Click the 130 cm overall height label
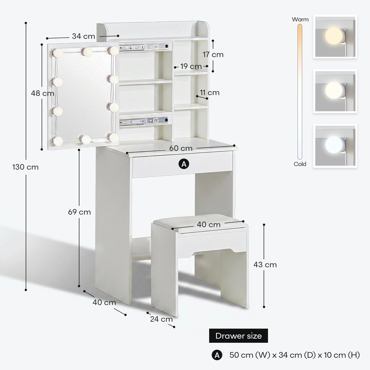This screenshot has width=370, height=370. (x=25, y=167)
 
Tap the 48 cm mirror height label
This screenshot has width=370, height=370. (x=42, y=93)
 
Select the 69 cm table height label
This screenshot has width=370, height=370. (x=79, y=212)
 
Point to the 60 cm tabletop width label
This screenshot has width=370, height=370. (x=181, y=148)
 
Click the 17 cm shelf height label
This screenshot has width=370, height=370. (x=213, y=54)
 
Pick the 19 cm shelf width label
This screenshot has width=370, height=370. (x=191, y=66)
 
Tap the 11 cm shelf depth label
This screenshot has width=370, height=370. (x=210, y=92)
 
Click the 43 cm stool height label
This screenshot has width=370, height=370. (x=265, y=265)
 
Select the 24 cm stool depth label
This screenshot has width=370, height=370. (x=161, y=319)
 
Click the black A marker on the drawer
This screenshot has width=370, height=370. (x=184, y=164)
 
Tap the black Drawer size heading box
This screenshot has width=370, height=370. (x=238, y=336)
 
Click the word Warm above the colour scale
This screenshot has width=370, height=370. (x=300, y=19)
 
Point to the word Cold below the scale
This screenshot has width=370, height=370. (x=300, y=164)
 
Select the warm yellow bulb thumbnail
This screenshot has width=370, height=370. (x=335, y=36)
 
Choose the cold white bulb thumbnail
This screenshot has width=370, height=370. (x=335, y=146)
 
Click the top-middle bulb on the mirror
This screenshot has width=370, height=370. (x=87, y=52)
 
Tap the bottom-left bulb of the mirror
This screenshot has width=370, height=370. (x=57, y=141)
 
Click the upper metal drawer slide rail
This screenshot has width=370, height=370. (x=144, y=47)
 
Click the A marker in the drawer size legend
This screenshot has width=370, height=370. (x=217, y=355)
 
